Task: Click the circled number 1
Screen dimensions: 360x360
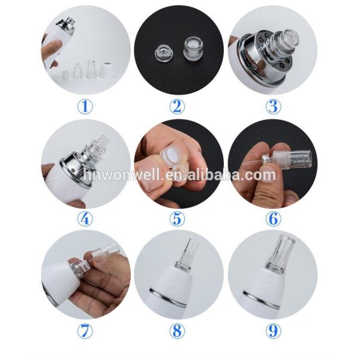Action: coord(85,107)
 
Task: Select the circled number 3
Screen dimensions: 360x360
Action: coord(273,107)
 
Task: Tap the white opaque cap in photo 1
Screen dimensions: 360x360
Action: coord(109,71)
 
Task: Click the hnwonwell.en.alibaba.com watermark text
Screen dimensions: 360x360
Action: coord(179,175)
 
